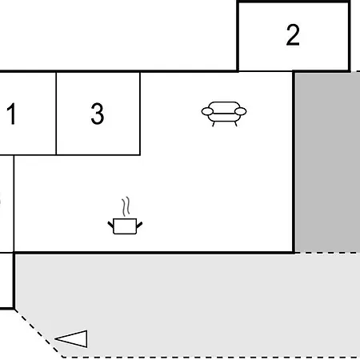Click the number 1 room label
tap(11, 114)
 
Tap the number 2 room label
tap(293, 35)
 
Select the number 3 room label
tap(98, 114)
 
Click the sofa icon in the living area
tap(224, 114)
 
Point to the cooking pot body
tap(125, 226)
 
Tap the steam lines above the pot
tap(126, 206)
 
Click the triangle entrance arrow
tap(71, 338)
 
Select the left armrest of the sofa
tap(207, 111)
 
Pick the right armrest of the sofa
tap(241, 111)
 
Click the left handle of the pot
tap(110, 225)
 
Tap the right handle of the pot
tap(139, 225)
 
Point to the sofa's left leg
tap(214, 124)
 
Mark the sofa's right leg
tap(236, 124)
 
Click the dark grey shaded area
tap(328, 162)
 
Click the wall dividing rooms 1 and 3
tap(56, 114)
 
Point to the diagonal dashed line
tap(38, 334)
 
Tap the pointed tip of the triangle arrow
tap(55, 339)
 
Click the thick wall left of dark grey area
tap(294, 162)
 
